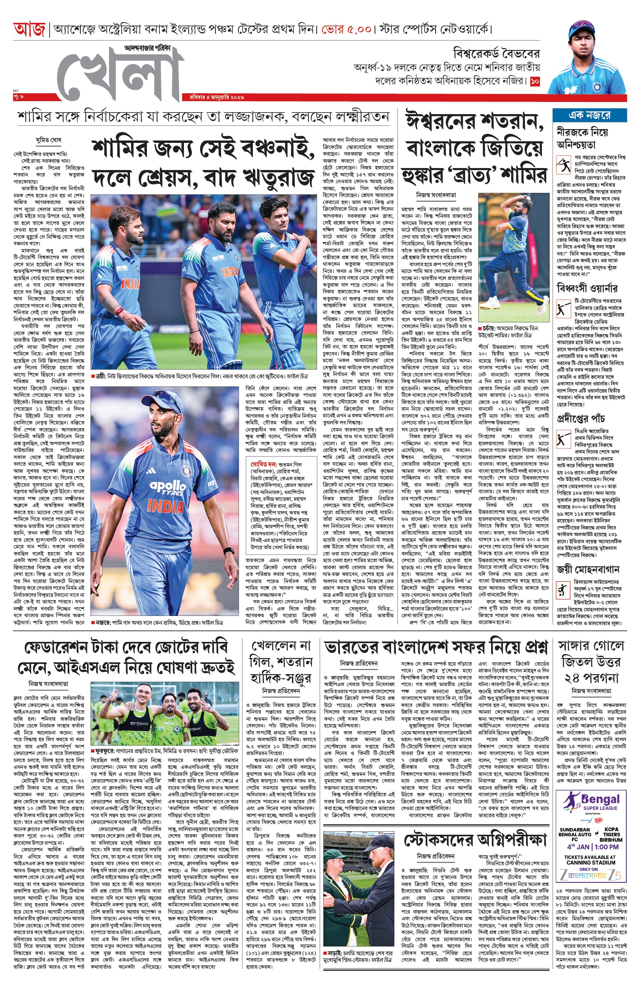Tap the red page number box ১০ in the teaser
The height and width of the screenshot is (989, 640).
click(535, 81)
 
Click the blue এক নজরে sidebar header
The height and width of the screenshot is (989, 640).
click(589, 115)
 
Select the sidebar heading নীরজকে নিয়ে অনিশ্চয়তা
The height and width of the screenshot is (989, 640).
click(582, 138)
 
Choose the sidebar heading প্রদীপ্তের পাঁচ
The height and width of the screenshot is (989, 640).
click(581, 418)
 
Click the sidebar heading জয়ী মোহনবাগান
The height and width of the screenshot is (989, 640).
click(588, 569)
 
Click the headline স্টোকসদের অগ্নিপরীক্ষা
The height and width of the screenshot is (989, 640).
click(475, 840)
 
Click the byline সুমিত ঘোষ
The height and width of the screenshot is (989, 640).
click(48, 140)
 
